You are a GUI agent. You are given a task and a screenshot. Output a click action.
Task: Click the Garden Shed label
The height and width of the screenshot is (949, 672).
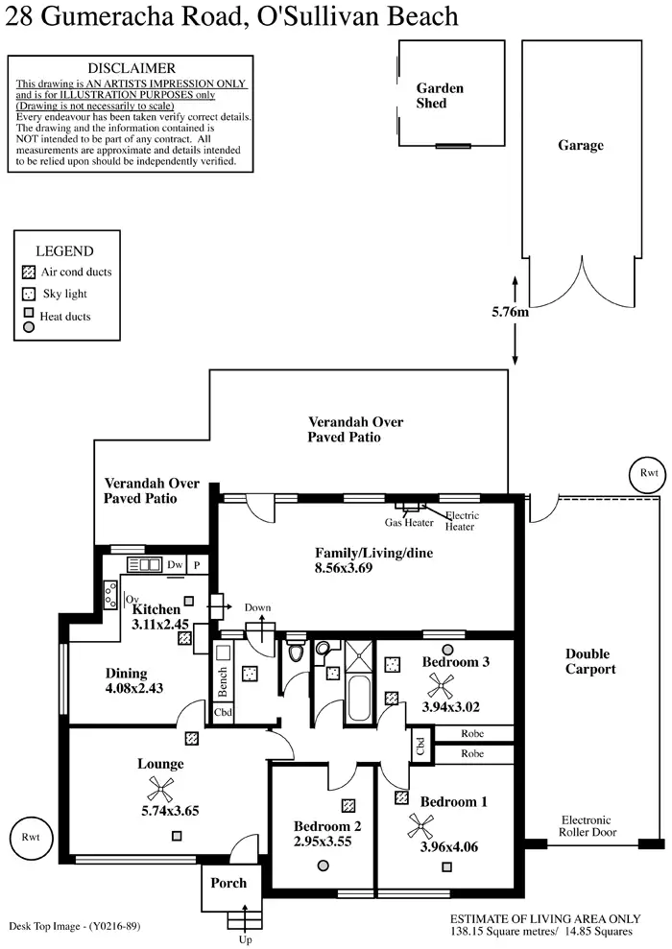(x=440, y=95)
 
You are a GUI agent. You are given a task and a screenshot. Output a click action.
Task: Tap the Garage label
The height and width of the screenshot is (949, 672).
(x=581, y=146)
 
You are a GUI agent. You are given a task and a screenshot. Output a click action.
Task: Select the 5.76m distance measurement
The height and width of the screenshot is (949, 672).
(x=511, y=312)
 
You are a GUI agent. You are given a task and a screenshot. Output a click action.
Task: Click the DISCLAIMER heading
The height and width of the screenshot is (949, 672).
(x=132, y=68)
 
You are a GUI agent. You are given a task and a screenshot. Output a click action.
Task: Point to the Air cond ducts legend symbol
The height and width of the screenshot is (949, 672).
(x=29, y=272)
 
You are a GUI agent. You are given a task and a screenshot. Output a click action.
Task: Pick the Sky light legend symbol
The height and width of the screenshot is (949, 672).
(x=29, y=294)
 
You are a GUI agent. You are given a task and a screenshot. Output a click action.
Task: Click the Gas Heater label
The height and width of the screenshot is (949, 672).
(x=409, y=523)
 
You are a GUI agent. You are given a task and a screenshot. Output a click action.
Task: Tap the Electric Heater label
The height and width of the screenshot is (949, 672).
(x=462, y=521)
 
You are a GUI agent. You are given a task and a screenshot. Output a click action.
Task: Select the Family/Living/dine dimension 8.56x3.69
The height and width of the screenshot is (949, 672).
(x=358, y=568)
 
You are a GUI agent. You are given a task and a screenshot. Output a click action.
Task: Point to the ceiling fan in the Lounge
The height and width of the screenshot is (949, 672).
(x=159, y=790)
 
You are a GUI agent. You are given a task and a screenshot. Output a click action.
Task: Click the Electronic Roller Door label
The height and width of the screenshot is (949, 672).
(x=586, y=826)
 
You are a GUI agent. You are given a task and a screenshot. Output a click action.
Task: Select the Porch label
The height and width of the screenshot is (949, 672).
(x=228, y=883)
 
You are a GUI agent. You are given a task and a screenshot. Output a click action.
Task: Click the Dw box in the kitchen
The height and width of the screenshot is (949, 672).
(x=175, y=565)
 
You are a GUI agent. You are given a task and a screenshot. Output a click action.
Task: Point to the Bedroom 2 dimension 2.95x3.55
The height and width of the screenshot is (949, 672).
(x=323, y=842)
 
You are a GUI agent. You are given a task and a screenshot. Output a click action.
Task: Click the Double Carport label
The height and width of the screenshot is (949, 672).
(x=590, y=662)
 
